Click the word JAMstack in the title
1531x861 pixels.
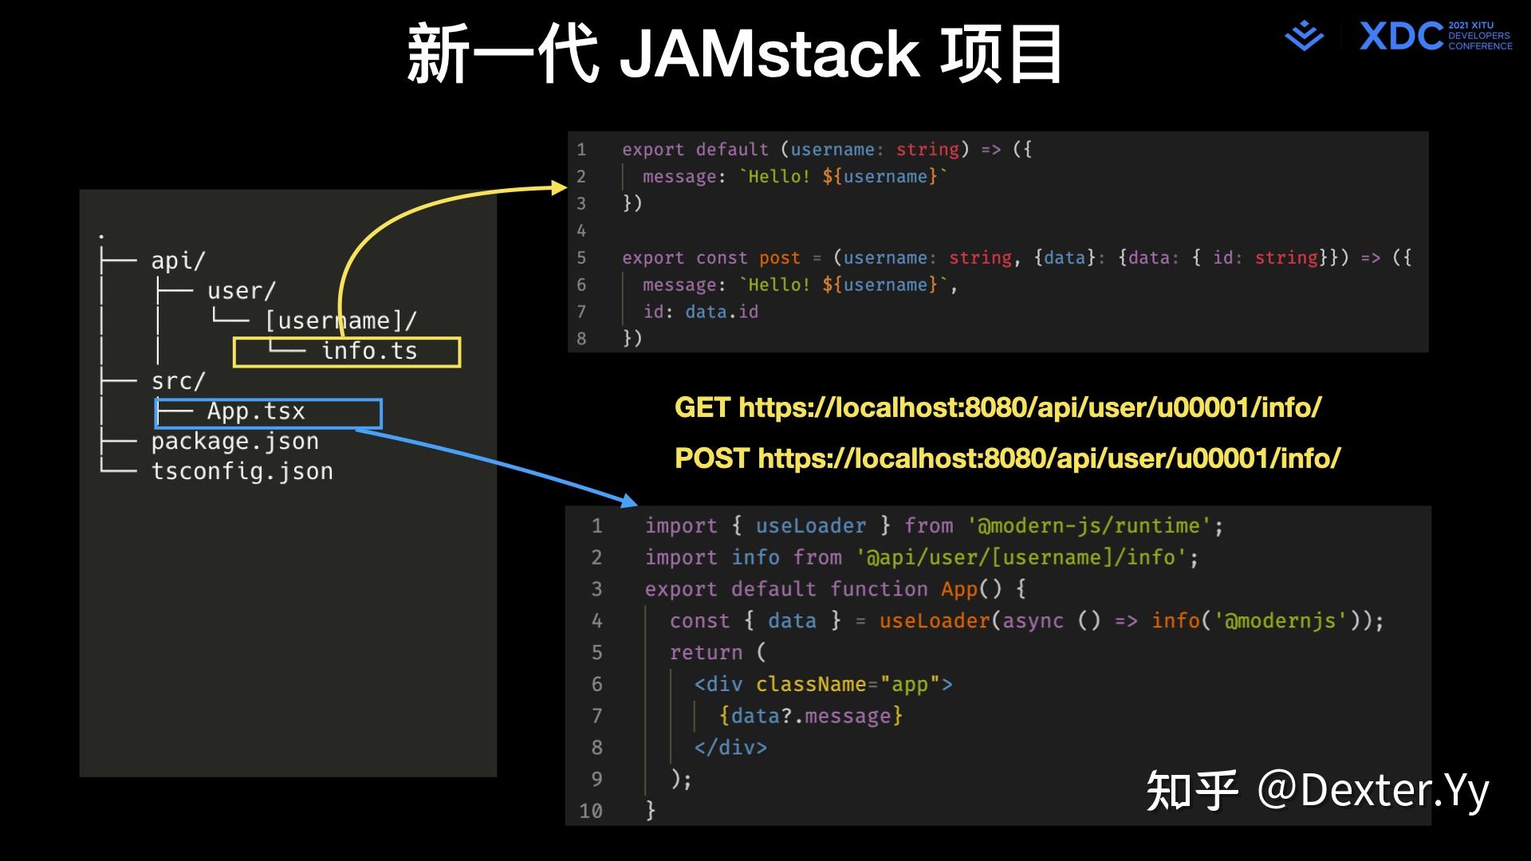[769, 54]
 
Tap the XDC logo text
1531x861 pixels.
[1401, 37]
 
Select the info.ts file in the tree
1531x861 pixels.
[369, 352]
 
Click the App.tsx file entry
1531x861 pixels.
[256, 412]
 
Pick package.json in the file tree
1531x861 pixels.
[234, 442]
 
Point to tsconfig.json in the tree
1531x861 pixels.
[242, 472]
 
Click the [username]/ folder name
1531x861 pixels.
[340, 321]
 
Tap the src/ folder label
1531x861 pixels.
[178, 382]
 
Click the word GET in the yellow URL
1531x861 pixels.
[702, 408]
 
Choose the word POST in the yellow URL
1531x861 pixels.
[711, 458]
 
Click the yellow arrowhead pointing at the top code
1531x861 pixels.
[558, 187]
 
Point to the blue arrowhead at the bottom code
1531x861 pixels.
[628, 500]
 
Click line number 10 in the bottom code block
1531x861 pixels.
[590, 811]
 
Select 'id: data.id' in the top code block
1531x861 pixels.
[700, 312]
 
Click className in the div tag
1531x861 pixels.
[810, 685]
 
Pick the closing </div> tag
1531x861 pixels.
[730, 748]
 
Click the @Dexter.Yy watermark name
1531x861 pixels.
[1372, 791]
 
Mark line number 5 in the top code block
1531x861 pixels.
[581, 258]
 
